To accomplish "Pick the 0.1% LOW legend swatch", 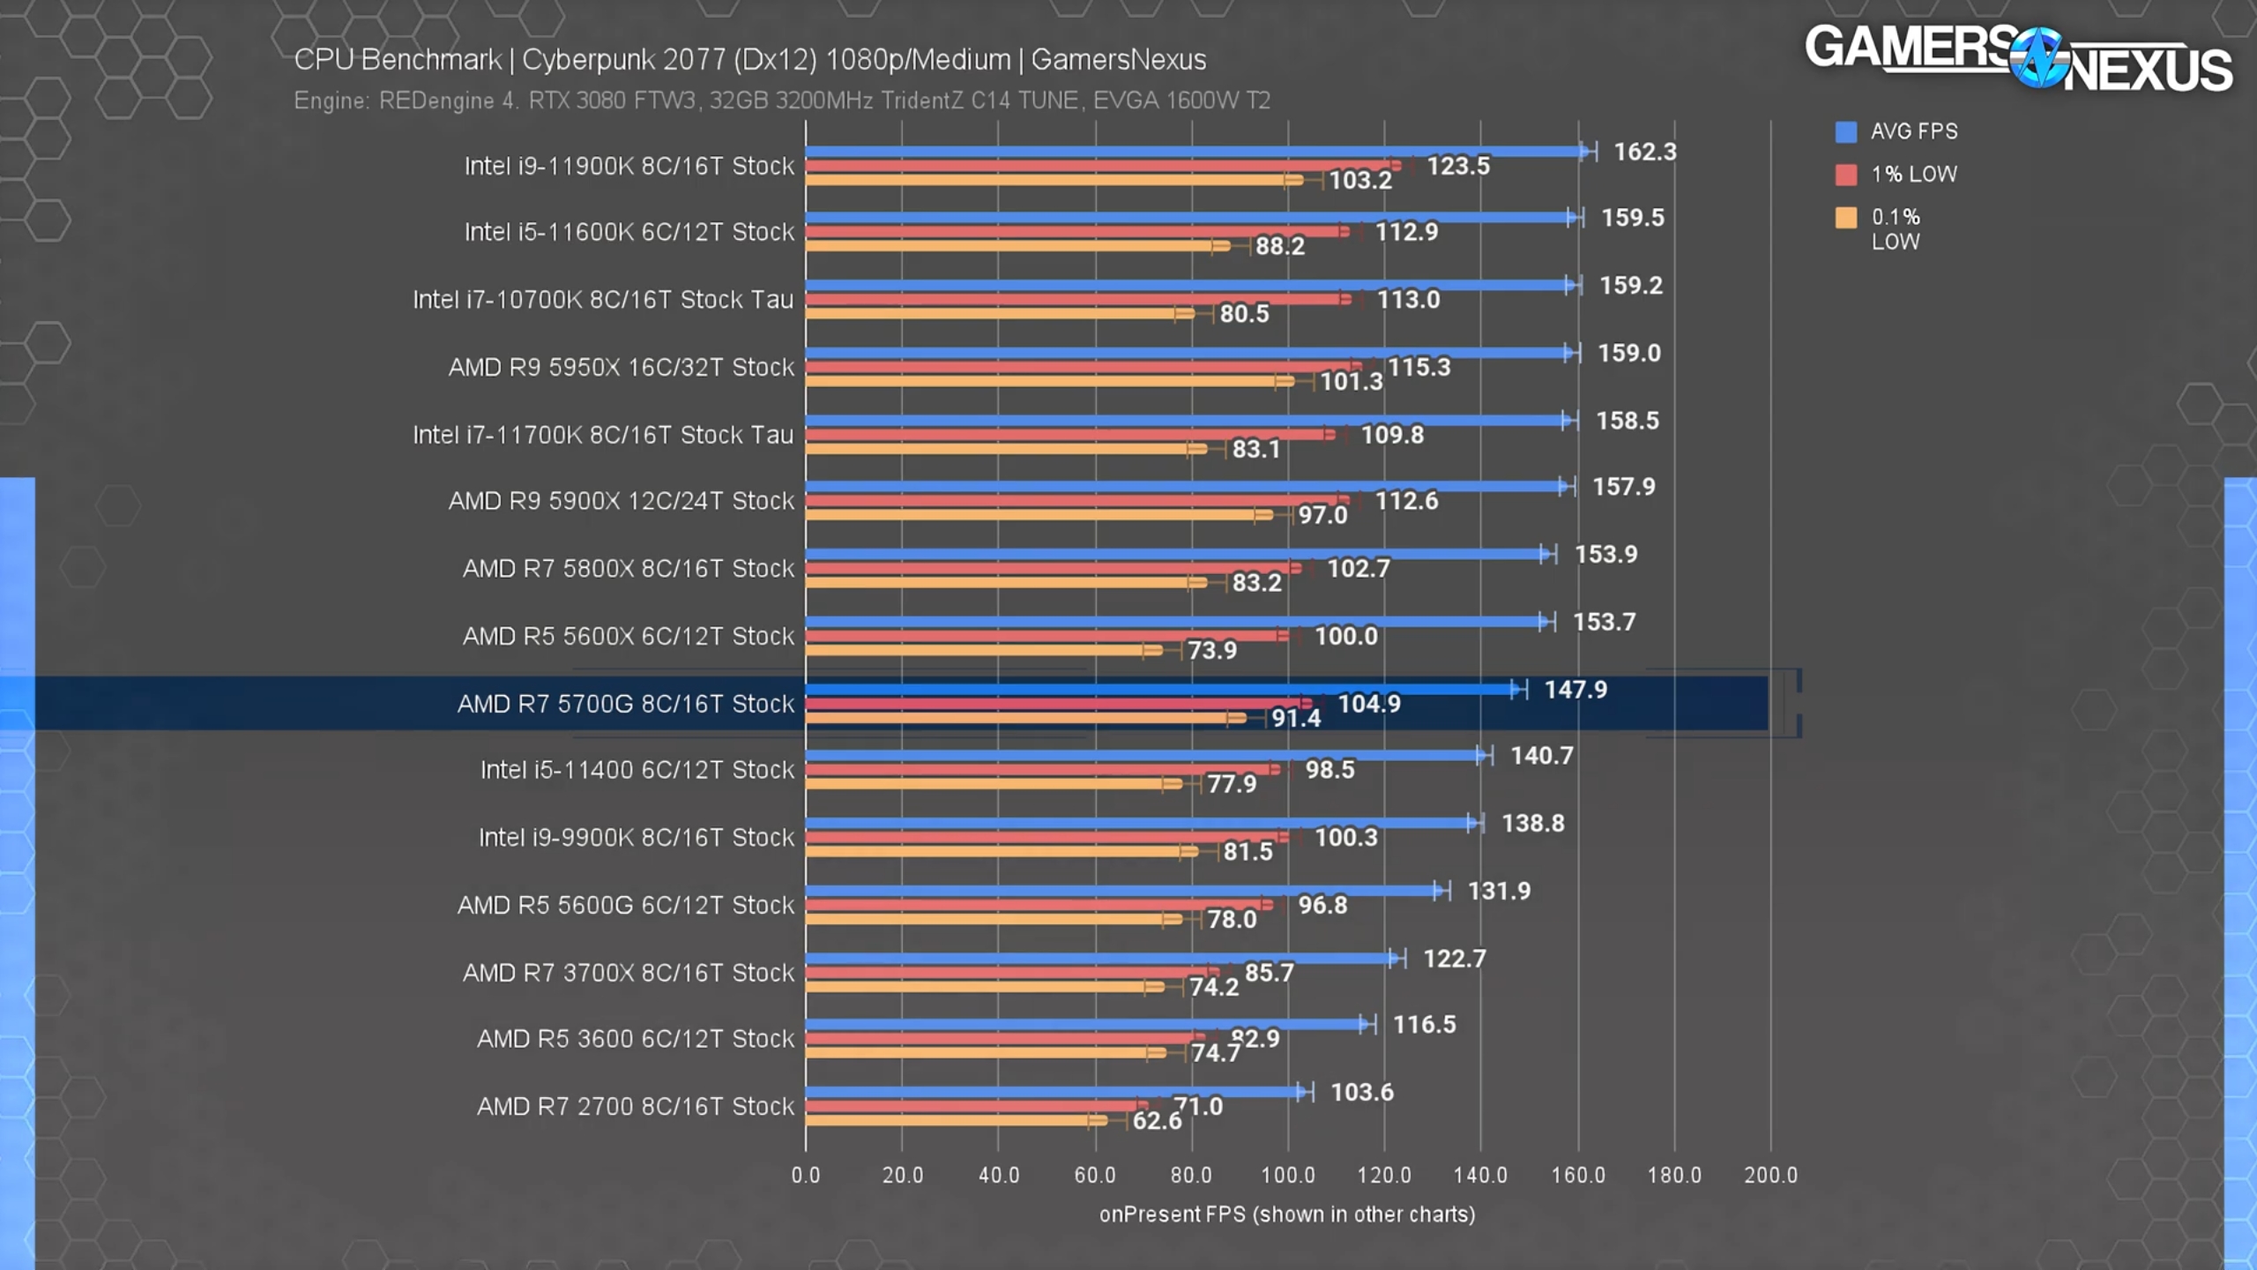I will click(1845, 218).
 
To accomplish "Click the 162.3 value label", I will click(1644, 152).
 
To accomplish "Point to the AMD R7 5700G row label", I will click(625, 704).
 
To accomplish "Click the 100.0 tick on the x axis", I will click(1287, 1175).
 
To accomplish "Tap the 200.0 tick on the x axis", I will click(1770, 1175).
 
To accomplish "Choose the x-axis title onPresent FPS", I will click(1286, 1214).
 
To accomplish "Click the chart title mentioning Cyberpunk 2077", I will click(749, 60).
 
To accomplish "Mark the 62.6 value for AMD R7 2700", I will click(1157, 1121).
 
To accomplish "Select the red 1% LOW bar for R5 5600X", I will click(1045, 636).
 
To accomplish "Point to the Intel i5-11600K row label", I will click(629, 232).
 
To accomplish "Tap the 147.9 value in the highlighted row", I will click(1575, 690).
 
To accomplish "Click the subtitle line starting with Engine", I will click(781, 101).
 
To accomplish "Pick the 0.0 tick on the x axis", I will click(805, 1175).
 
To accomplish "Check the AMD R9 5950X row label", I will click(621, 367).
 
